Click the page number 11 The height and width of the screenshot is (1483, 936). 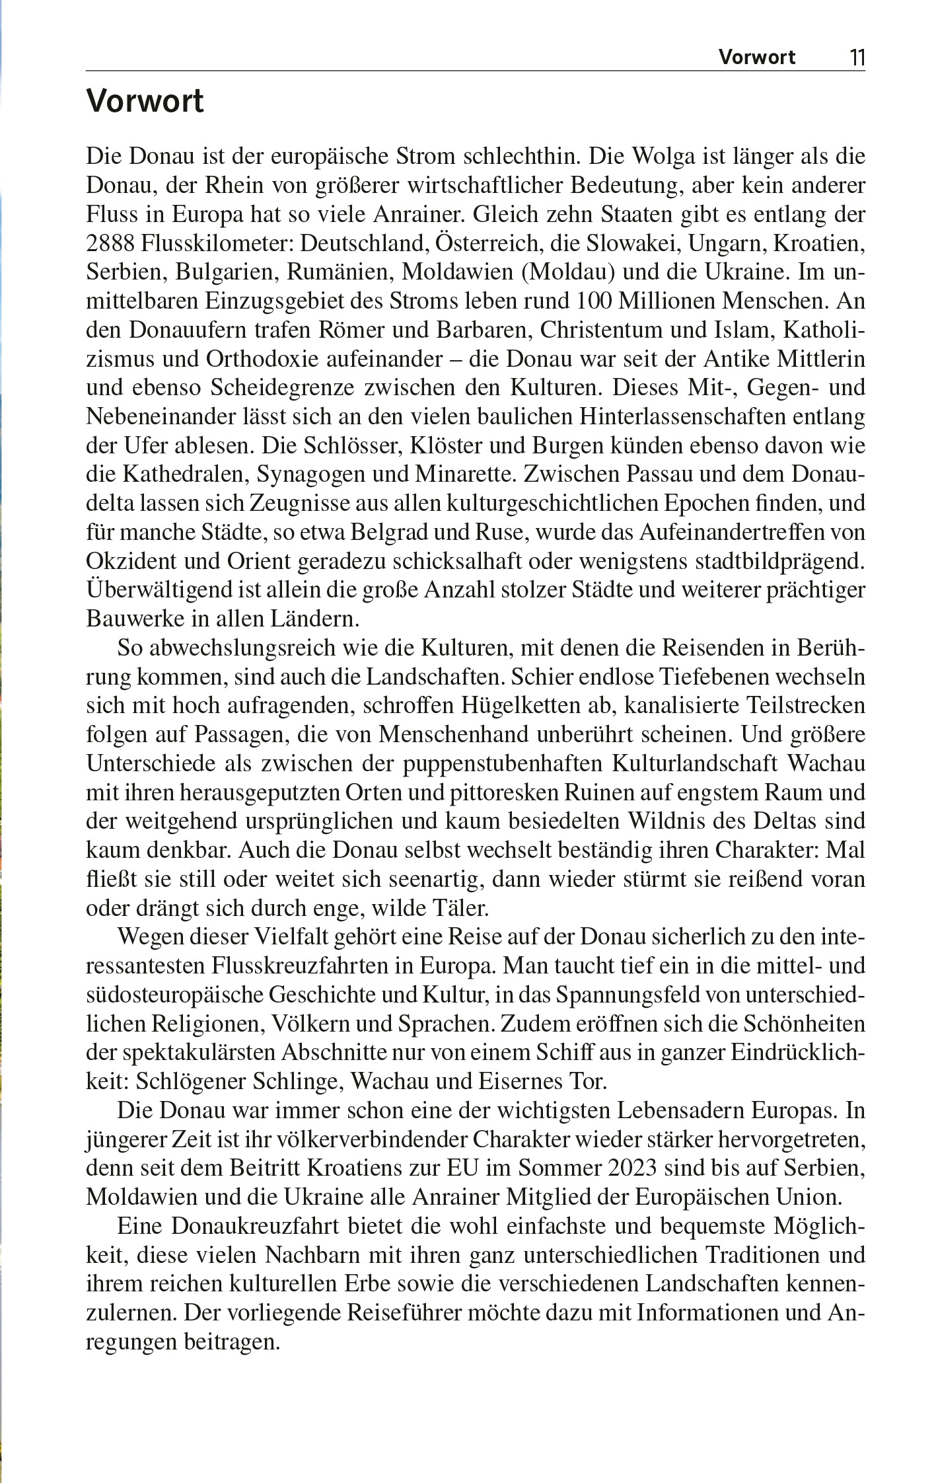(857, 57)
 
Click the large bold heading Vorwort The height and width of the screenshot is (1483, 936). (145, 102)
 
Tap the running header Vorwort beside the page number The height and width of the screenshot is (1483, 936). (757, 57)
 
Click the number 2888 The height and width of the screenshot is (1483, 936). (110, 243)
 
